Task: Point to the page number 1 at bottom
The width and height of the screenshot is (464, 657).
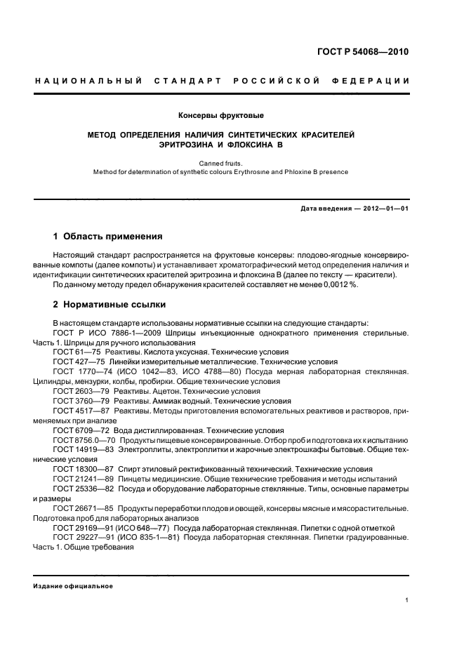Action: tap(407, 600)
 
